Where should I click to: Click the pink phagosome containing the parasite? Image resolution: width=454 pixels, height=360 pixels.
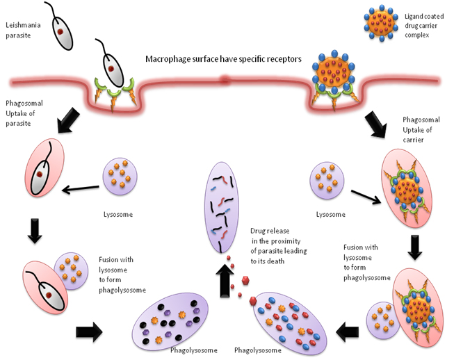point(43,171)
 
